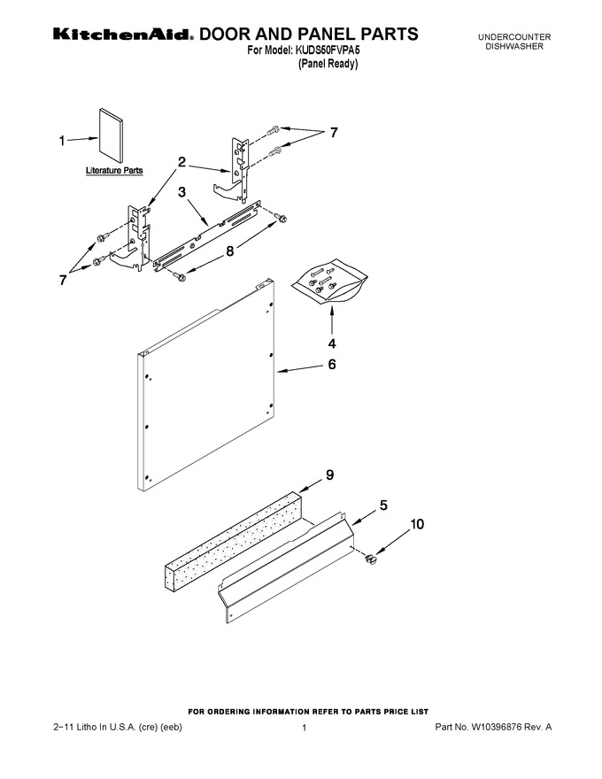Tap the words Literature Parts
click(114, 170)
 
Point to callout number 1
click(62, 142)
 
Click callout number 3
click(182, 192)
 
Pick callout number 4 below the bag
click(332, 343)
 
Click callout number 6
click(332, 364)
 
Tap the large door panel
click(205, 385)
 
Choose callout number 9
click(330, 475)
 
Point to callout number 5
click(383, 505)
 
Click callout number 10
click(417, 524)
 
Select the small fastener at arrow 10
click(369, 559)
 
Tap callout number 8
click(230, 251)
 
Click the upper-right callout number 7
click(334, 133)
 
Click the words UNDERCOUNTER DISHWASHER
click(514, 42)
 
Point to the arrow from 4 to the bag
click(332, 321)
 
